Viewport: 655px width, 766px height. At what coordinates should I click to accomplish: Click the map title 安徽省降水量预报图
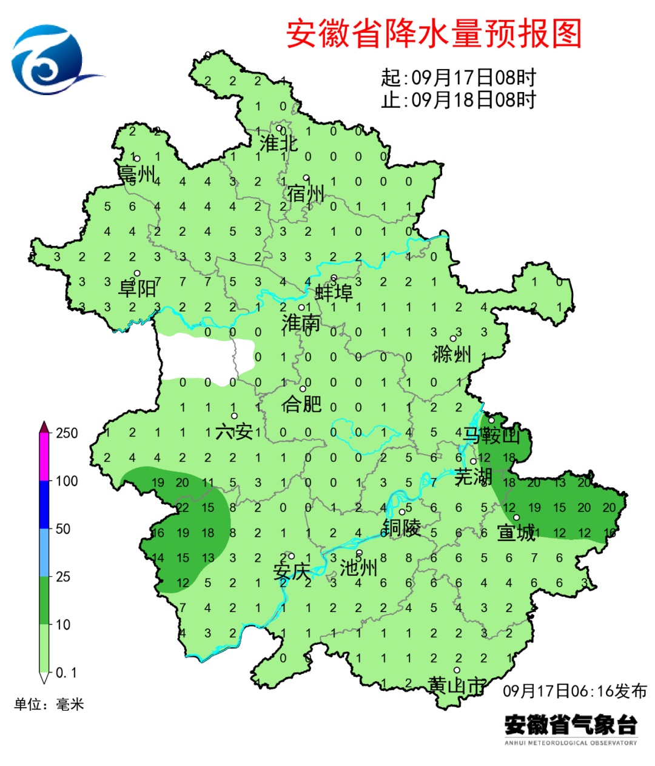(434, 33)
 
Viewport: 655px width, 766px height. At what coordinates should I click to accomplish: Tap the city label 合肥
(301, 403)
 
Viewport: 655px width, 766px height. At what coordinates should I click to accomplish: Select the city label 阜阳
(137, 287)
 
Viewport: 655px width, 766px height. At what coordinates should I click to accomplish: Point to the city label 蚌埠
(334, 293)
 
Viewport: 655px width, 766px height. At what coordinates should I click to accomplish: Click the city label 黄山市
(457, 685)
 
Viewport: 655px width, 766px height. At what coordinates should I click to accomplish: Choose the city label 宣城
(516, 533)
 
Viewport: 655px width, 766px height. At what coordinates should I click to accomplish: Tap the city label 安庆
(292, 571)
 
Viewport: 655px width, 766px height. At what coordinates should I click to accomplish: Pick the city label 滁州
(452, 353)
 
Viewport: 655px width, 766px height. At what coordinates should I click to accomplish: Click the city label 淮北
(278, 144)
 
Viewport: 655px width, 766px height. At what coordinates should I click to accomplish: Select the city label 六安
(234, 431)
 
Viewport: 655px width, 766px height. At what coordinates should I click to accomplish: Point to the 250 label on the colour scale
(67, 433)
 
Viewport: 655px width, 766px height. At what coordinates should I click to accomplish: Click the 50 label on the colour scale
(63, 528)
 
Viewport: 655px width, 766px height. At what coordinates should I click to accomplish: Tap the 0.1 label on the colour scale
(66, 673)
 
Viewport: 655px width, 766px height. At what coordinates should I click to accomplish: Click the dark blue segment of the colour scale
(44, 504)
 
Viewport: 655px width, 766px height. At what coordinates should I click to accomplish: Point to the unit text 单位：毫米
(49, 704)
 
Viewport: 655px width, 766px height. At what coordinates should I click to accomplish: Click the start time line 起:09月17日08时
(458, 78)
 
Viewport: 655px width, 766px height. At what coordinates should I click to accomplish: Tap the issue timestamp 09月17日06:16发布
(575, 691)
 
